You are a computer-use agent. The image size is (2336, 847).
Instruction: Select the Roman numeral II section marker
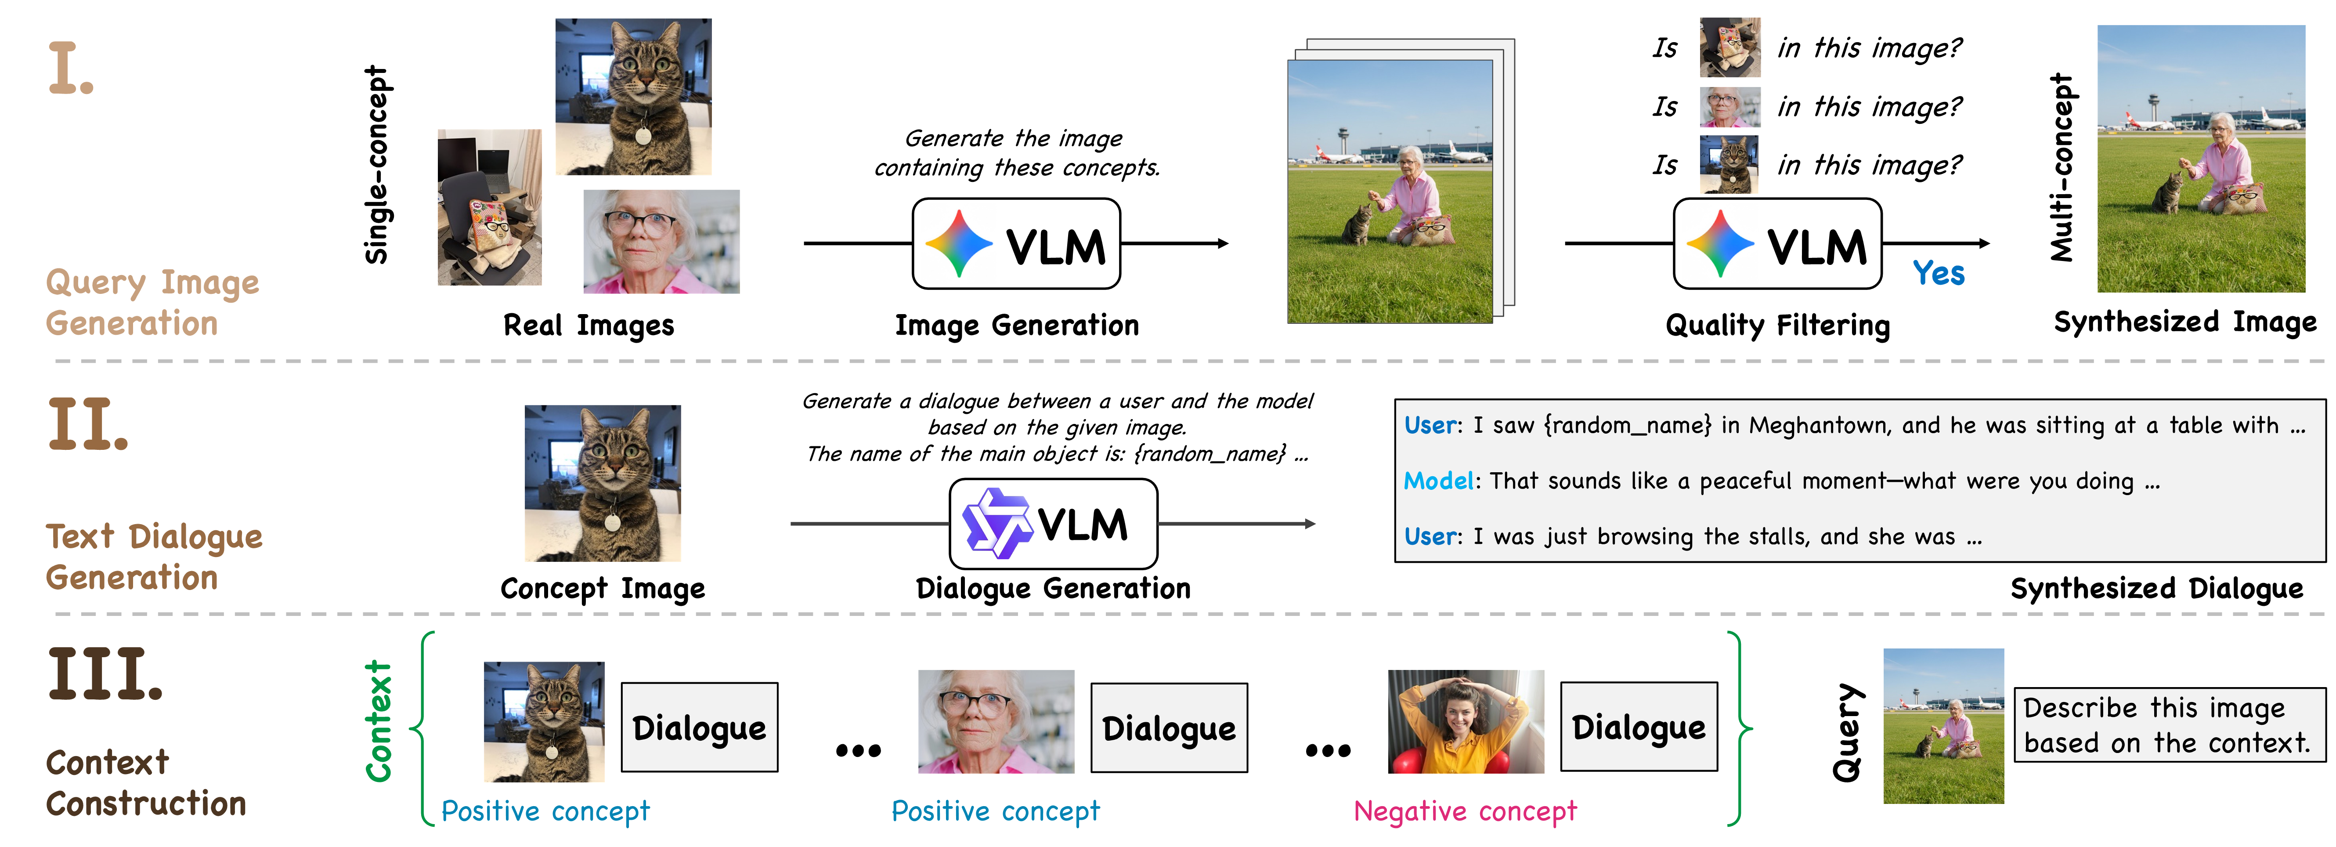point(88,424)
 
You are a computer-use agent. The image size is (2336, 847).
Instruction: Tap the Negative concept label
point(1465,811)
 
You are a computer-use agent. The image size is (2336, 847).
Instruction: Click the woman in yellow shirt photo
point(1466,722)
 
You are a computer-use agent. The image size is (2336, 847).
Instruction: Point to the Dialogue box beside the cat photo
point(699,728)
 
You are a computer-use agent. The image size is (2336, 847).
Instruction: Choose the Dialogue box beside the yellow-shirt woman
point(1639,728)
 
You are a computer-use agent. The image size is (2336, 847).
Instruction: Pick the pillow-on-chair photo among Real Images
point(490,208)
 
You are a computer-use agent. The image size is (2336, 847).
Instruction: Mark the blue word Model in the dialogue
point(1438,481)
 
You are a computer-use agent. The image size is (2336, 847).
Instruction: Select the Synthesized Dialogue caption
point(2156,589)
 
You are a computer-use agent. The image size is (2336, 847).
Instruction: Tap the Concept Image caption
point(602,589)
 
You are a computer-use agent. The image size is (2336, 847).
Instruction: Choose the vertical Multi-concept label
point(2061,168)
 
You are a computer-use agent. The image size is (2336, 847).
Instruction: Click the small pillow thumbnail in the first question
point(1729,47)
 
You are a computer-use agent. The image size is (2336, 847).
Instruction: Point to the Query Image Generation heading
point(152,303)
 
